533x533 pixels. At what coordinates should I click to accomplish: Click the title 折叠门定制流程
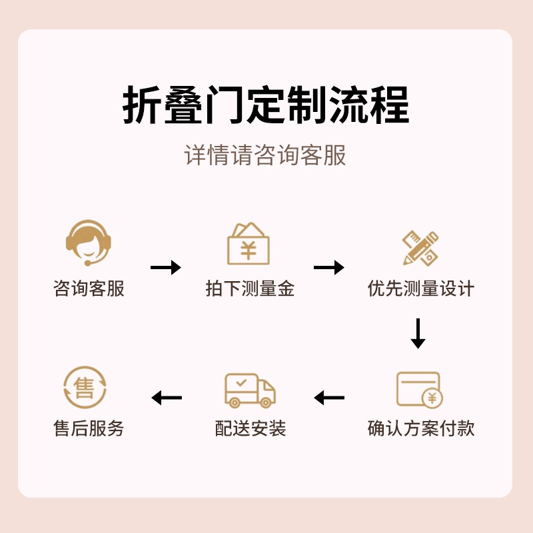click(266, 105)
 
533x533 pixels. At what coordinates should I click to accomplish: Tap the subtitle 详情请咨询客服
click(266, 155)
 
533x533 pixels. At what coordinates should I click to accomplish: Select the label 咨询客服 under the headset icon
click(89, 288)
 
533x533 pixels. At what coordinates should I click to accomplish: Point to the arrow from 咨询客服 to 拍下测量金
click(166, 268)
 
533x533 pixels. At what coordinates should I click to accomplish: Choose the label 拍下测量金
click(250, 288)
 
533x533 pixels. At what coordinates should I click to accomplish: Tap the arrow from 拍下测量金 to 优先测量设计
click(329, 268)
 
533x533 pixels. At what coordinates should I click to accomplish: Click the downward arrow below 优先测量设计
click(418, 333)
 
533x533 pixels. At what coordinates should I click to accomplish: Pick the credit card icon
click(419, 389)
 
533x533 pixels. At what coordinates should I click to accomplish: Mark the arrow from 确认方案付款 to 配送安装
click(329, 398)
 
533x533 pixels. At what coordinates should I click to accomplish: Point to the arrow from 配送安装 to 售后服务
click(167, 398)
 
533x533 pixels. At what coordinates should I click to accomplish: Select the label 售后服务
click(89, 428)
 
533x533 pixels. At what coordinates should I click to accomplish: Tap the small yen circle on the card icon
click(432, 398)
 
